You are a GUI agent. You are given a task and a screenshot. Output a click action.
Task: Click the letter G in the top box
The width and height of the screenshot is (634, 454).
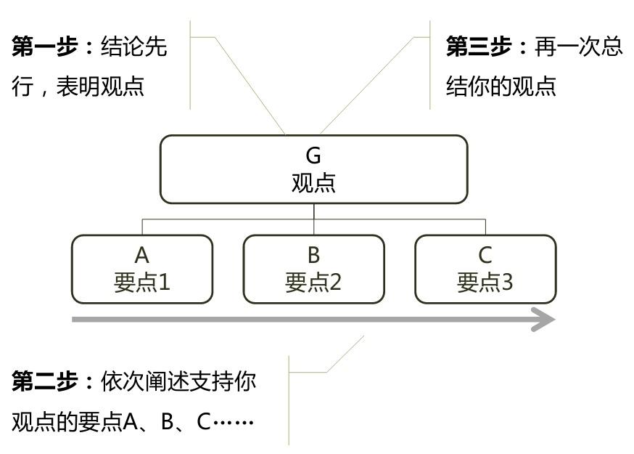click(313, 155)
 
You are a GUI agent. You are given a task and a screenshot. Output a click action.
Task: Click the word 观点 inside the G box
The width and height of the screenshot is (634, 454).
click(313, 182)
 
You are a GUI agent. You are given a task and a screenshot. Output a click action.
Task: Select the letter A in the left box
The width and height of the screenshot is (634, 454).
click(142, 255)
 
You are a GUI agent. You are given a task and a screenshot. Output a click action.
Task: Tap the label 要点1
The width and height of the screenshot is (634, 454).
click(142, 282)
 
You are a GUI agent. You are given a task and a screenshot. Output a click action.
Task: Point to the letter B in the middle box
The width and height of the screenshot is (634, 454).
click(313, 255)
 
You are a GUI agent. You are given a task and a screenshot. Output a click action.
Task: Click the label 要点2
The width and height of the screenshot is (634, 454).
click(313, 282)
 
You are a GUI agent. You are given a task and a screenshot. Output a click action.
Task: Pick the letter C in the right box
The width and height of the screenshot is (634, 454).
click(485, 255)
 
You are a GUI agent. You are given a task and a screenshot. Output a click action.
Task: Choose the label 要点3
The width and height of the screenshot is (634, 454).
click(485, 282)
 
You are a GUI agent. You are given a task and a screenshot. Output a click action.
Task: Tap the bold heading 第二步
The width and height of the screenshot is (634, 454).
click(45, 382)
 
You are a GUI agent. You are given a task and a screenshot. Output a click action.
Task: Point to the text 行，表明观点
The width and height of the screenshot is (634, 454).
click(78, 87)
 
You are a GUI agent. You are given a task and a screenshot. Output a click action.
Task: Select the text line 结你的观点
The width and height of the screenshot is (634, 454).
click(501, 87)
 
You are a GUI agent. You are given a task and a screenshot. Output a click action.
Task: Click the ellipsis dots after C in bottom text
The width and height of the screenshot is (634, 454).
click(234, 422)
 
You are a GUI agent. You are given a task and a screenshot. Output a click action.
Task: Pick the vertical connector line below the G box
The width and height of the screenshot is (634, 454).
click(313, 211)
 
